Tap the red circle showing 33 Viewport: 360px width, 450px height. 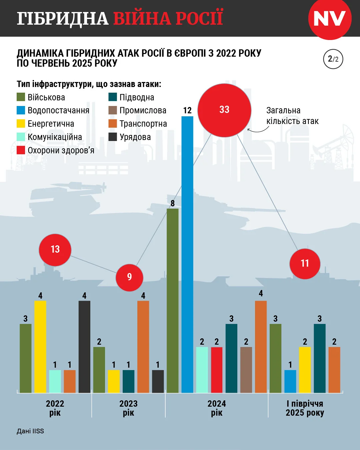pos(224,110)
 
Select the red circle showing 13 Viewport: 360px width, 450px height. pos(55,250)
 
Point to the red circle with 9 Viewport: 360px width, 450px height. pos(129,277)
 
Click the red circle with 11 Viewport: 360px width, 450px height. pos(305,264)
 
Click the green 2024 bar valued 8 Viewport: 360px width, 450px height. pos(173,300)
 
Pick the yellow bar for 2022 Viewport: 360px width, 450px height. pos(40,347)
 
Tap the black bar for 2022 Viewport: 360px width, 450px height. pos(84,347)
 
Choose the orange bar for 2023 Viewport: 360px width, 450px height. pos(143,347)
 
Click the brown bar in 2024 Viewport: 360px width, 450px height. pos(246,370)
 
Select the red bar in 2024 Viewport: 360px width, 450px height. pos(217,370)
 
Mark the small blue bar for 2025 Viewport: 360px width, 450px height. pos(290,381)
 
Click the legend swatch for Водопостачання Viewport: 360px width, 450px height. pos(21,110)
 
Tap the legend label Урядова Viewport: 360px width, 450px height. pos(135,137)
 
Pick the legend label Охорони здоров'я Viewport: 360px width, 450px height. pos(61,150)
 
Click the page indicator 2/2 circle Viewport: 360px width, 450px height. pos(333,59)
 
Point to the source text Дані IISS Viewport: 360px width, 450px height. pos(30,431)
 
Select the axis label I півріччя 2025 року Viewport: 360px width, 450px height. pos(305,408)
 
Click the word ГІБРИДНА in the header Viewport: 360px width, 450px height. pos(63,18)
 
